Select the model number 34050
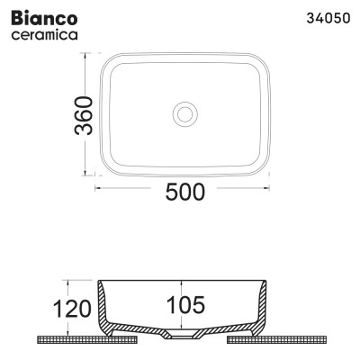[325, 17]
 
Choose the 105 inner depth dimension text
[185, 305]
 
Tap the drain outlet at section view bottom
[184, 336]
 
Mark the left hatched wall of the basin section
[107, 310]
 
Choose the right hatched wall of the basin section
[262, 310]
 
